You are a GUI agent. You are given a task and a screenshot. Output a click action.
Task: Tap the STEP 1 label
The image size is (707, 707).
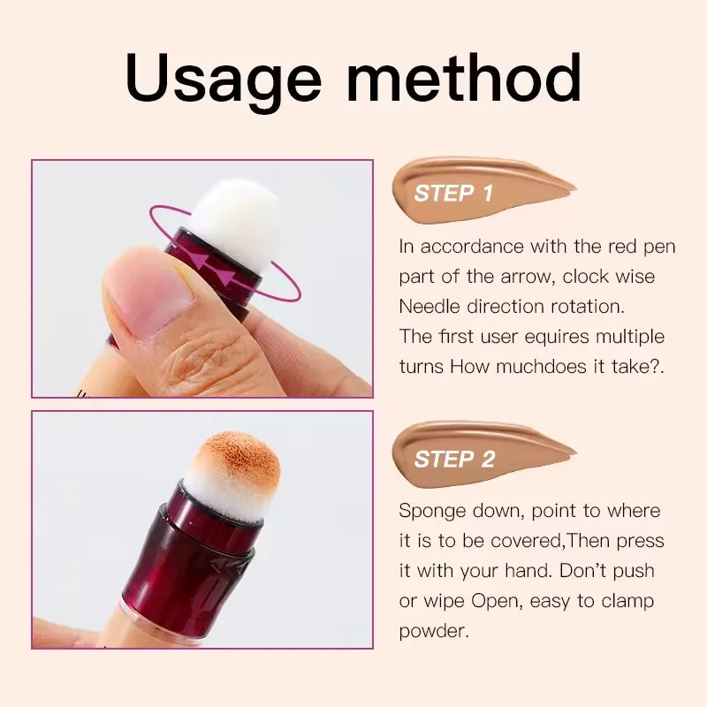tap(453, 194)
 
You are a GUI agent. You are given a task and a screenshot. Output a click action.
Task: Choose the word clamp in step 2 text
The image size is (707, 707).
tap(623, 602)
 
